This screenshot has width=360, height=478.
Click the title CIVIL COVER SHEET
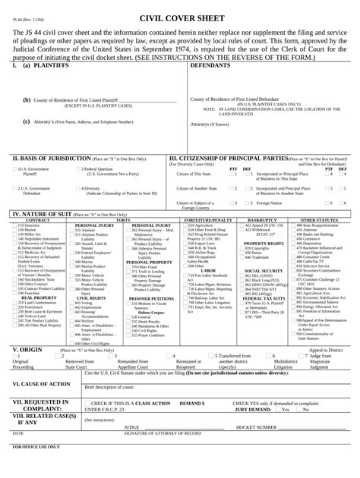coord(180,16)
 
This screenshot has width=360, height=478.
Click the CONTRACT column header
coord(29,220)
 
